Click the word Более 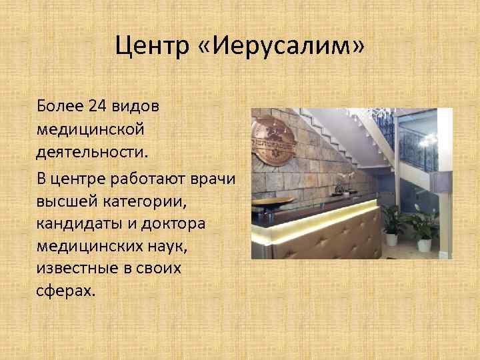click(61, 105)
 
